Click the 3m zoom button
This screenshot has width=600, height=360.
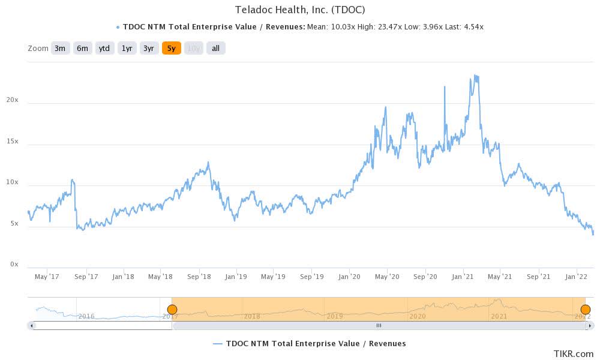59,49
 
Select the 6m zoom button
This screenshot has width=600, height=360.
82,49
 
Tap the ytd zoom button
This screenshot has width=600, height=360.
104,49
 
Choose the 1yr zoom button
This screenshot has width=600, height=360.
127,49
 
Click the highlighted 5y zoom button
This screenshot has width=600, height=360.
172,49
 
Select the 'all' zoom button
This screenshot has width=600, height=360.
215,49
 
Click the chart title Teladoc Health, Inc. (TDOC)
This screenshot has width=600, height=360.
301,10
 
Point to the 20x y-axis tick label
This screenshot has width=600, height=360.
13,101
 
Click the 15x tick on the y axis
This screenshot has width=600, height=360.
13,142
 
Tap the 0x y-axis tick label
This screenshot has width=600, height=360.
14,265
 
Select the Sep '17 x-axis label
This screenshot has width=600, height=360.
86,277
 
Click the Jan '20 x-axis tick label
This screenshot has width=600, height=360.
349,277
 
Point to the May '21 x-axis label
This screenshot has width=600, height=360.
499,277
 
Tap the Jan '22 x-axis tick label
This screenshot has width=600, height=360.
576,277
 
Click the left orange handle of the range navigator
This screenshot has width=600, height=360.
172,310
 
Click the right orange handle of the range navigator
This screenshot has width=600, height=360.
586,310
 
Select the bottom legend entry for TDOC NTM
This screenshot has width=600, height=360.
309,344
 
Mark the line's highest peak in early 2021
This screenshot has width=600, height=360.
475,76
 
